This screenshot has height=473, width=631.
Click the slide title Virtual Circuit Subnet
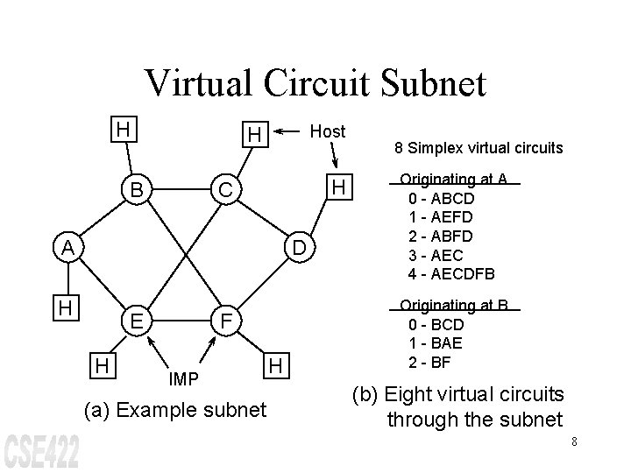coord(315,83)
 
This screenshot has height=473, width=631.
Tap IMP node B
coord(136,190)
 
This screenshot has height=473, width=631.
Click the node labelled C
coord(225,190)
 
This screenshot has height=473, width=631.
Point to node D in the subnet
coord(299,249)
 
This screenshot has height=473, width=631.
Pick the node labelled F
coord(225,320)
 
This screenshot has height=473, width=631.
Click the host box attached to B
coord(125,129)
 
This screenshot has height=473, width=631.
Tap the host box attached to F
coord(275,364)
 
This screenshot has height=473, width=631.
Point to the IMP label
coord(183,378)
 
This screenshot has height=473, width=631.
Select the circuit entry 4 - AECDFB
coord(451,273)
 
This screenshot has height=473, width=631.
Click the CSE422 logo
coord(42,449)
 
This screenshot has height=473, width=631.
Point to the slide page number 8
coord(573,441)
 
